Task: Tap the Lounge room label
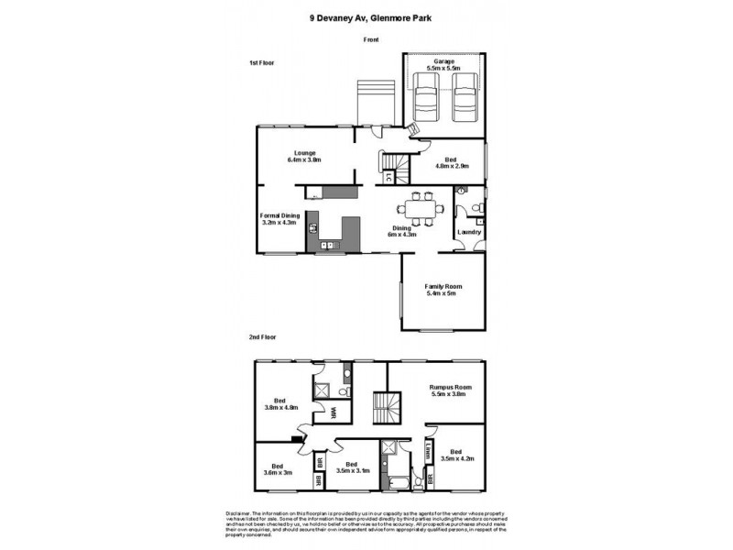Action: pos(305,156)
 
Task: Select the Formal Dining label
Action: pos(280,218)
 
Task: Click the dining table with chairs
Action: pos(422,206)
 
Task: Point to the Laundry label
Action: pos(469,232)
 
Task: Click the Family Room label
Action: pos(444,290)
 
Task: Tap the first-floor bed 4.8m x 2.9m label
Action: pos(451,162)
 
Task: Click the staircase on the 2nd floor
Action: pos(385,405)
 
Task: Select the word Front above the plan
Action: pos(370,40)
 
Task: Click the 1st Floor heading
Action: pos(262,62)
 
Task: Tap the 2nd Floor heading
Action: pos(263,337)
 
